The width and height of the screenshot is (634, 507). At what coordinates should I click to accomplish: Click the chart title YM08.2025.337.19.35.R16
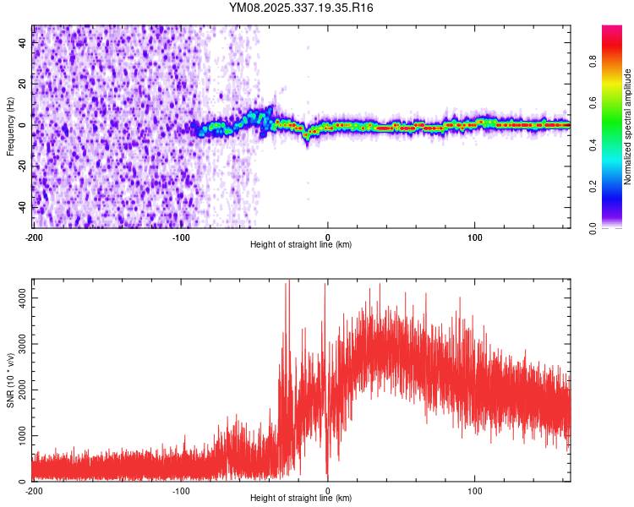[302, 8]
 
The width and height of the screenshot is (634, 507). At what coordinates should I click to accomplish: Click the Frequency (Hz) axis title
[10, 126]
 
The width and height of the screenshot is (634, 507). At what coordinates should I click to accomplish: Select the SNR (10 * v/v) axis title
[10, 379]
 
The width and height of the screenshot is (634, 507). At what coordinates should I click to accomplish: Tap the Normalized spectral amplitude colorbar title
[628, 127]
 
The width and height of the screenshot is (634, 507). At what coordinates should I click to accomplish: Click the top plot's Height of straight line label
[301, 244]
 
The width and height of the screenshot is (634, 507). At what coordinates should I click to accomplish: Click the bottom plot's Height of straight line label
[301, 498]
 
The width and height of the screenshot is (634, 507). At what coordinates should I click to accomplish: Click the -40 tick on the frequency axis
[21, 207]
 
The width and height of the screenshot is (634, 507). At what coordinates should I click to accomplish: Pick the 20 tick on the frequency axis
[23, 84]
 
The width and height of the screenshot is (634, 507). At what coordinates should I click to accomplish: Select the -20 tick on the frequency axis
[21, 166]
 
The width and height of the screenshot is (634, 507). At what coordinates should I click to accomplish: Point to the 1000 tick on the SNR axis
[16, 435]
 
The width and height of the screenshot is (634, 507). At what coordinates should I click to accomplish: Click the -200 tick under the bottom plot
[34, 490]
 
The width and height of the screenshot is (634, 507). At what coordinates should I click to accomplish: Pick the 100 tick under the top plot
[475, 237]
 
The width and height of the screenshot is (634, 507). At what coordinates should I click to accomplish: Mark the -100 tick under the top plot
[180, 237]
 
